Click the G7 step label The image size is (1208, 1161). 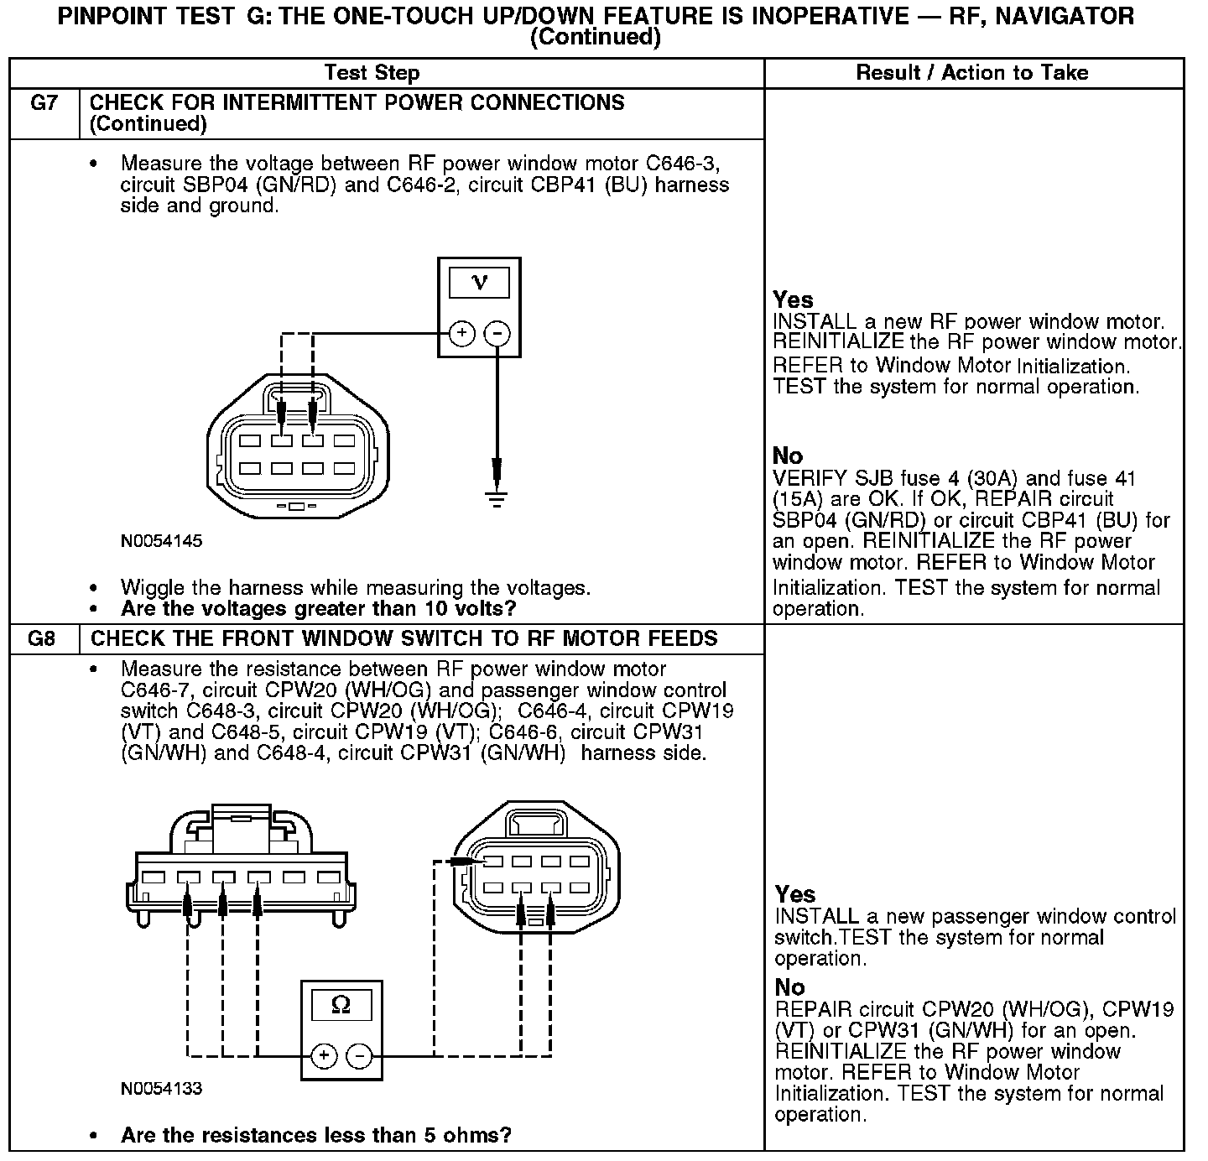[x=44, y=103]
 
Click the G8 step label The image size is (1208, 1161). [x=42, y=638]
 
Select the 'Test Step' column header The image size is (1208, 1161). [x=372, y=73]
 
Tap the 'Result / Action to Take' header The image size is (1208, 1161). [x=972, y=73]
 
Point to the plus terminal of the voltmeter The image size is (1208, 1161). [x=461, y=334]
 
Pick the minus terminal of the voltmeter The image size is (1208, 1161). [x=497, y=334]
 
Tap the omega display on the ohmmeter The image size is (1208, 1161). [x=341, y=1003]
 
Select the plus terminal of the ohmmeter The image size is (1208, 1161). [x=325, y=1056]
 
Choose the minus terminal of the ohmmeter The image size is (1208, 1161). [x=360, y=1056]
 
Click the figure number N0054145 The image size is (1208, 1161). [x=161, y=541]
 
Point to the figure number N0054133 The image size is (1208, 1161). [x=161, y=1089]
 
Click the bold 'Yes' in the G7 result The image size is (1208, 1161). [x=793, y=299]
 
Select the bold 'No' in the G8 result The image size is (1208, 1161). [x=789, y=987]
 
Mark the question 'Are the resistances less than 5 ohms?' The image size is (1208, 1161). [x=315, y=1135]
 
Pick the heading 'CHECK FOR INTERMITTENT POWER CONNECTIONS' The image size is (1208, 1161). [x=357, y=102]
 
